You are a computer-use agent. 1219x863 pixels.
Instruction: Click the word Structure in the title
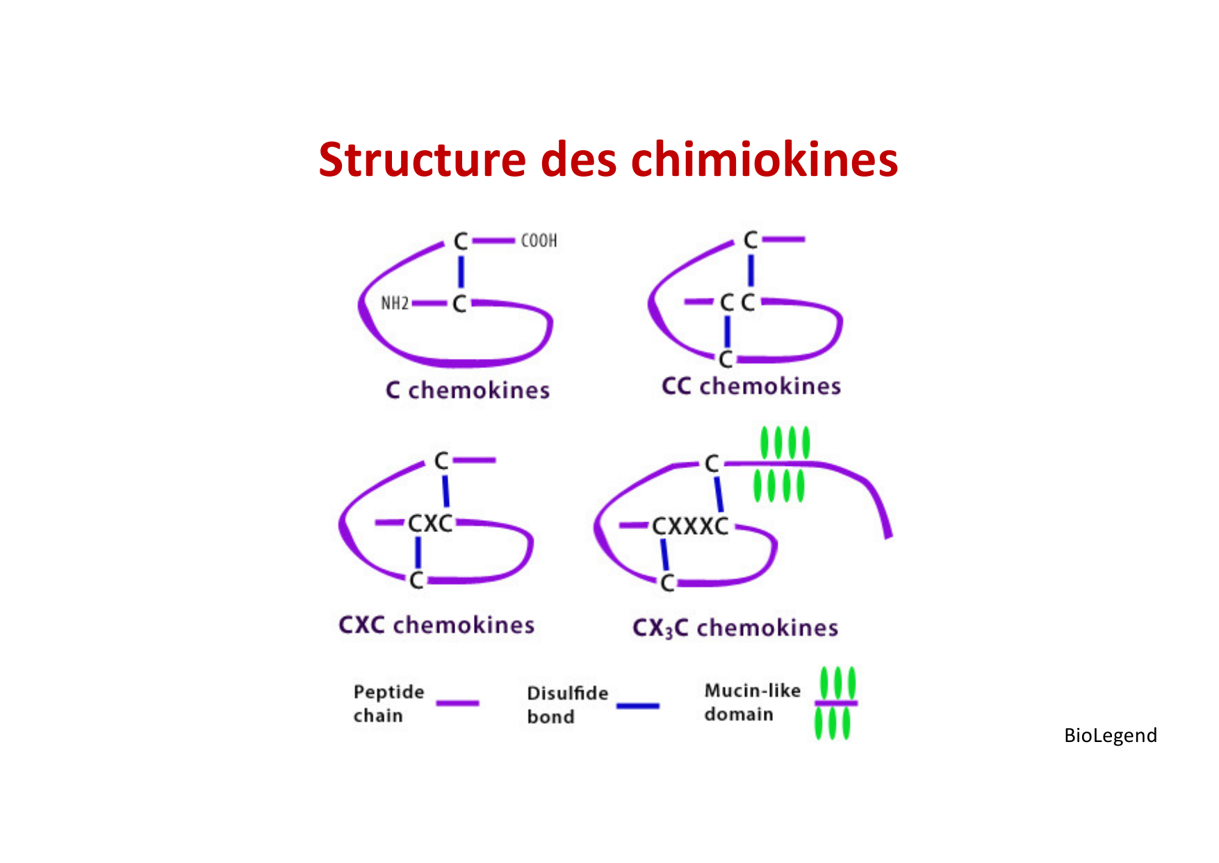[x=422, y=160]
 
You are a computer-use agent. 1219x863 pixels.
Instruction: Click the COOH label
[x=539, y=241]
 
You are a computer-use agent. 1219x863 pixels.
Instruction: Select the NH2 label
[x=395, y=303]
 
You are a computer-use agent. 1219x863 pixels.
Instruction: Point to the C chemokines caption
[x=468, y=390]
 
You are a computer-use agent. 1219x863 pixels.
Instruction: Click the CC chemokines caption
[x=751, y=386]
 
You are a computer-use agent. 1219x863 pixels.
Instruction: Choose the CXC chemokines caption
[x=436, y=624]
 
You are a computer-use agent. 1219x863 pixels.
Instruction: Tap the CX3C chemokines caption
[x=735, y=628]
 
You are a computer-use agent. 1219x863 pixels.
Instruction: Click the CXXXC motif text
[x=690, y=526]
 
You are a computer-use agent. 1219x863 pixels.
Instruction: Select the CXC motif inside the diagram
[x=430, y=523]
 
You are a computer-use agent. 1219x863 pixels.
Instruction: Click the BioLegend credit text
[x=1110, y=735]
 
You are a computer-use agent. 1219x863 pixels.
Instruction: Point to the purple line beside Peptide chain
[x=457, y=703]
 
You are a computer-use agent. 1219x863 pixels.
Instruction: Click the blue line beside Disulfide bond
[x=637, y=706]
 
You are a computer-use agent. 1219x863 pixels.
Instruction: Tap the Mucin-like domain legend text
[x=752, y=702]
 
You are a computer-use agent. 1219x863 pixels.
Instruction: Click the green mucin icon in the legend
[x=836, y=703]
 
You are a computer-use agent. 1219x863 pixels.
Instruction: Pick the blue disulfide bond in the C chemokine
[x=460, y=271]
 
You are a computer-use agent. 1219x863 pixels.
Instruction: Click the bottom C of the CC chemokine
[x=726, y=359]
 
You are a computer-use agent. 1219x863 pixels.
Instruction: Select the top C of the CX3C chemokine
[x=712, y=464]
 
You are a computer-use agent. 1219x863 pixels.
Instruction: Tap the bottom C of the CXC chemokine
[x=416, y=579]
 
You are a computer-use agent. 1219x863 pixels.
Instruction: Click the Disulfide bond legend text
[x=567, y=704]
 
